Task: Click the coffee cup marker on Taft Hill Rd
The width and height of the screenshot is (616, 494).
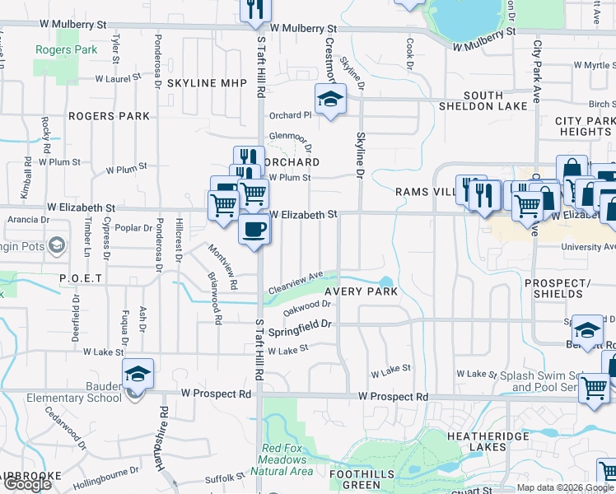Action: point(254,229)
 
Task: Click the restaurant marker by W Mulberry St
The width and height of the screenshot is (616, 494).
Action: point(254,8)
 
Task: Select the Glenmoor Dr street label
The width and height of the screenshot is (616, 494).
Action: point(288,137)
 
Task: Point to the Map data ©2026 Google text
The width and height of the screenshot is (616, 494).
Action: point(564,487)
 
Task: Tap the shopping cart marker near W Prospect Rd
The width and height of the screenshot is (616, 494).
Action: point(593,388)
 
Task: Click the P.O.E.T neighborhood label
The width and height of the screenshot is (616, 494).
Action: point(81,279)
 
